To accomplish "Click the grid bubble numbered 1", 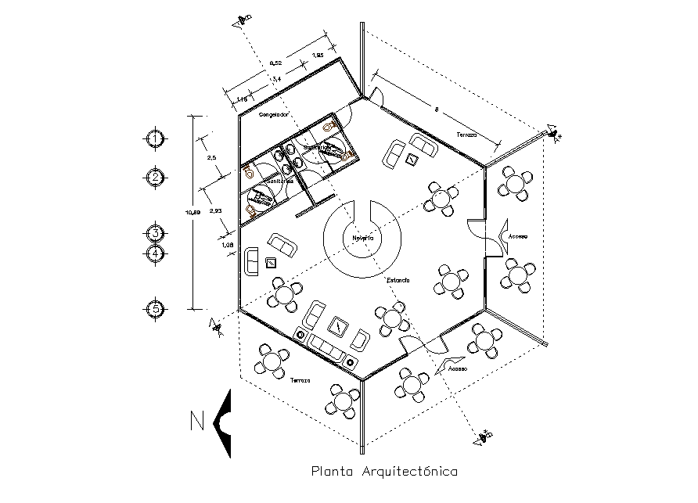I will coord(157,138).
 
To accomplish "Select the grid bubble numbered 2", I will coord(157,178).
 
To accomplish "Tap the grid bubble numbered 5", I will coord(157,309).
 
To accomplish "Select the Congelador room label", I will coord(275,114).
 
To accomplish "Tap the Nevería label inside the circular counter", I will coord(362,237).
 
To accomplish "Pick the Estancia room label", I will coord(398,279).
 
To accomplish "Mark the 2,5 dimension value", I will coord(212,158).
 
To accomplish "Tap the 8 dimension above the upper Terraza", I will coord(436,111).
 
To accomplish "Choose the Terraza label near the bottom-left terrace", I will coord(300,380).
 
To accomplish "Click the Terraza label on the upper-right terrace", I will coord(466,135).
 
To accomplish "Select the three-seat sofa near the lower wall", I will coord(329,347).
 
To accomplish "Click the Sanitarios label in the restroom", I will coord(279,181).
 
